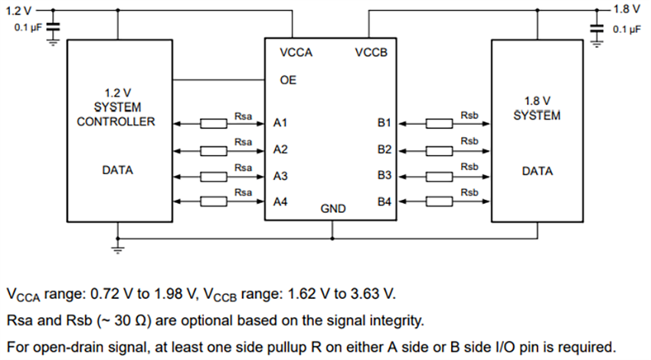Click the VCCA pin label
tap(297, 53)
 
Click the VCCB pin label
tap(371, 53)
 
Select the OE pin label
tap(288, 80)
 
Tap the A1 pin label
tap(280, 123)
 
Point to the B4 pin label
tap(384, 202)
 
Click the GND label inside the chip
tap(332, 208)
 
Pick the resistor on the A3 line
tap(212, 176)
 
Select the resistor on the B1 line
tap(438, 123)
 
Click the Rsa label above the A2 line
tap(243, 142)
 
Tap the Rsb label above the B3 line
tap(469, 167)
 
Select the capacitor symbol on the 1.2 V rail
tap(53, 28)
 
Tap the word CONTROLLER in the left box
tap(116, 122)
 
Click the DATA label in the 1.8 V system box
tap(537, 172)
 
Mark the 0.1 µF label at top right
tap(626, 29)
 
